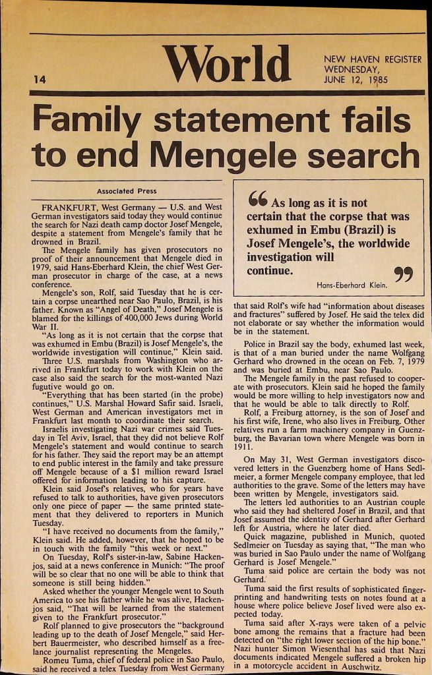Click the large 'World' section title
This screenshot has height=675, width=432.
227,64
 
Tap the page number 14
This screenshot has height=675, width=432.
39,80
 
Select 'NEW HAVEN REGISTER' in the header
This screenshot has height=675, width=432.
373,59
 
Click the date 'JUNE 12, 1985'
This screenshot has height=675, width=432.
355,80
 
